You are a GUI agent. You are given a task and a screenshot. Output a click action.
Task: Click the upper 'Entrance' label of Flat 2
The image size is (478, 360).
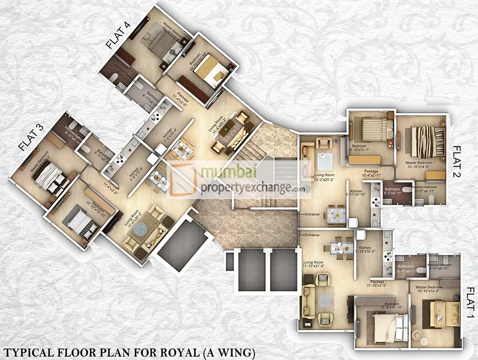pyautogui.click(x=312, y=215)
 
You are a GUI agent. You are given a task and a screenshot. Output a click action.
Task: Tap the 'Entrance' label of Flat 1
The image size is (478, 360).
pyautogui.click(x=312, y=235)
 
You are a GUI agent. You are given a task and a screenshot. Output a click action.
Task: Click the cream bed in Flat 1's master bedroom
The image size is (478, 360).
pyautogui.click(x=438, y=312)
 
